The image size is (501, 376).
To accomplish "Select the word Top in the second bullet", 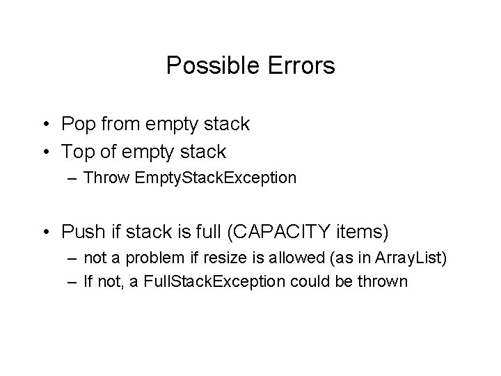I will coord(77,150).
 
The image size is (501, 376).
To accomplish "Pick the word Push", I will coord(81,230).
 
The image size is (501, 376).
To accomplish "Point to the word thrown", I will coord(385,282).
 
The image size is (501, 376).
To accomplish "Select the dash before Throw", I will coord(72,178).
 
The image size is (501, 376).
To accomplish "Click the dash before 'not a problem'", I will coord(72,259).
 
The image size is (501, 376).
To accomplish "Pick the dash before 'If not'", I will coord(72,282).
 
